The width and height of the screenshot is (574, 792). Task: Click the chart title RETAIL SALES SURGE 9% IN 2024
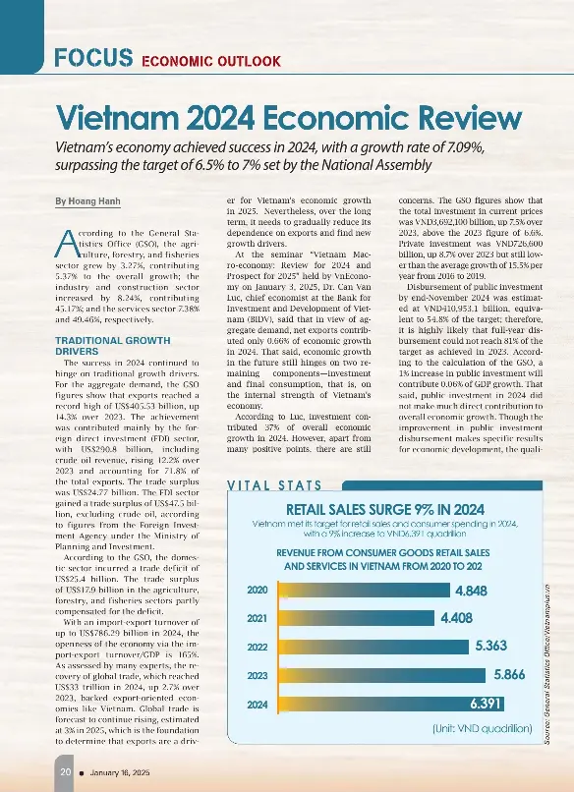click(383, 509)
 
